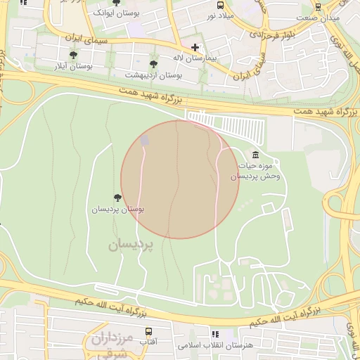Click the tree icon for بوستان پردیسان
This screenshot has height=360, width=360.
click(x=117, y=198)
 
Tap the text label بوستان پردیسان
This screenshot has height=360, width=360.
click(x=117, y=210)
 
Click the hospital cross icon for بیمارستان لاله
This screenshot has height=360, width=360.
click(x=195, y=48)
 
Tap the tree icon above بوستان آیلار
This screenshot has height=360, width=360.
click(x=73, y=55)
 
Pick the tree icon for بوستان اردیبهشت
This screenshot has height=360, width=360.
click(x=153, y=64)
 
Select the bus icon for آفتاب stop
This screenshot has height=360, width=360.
click(x=148, y=330)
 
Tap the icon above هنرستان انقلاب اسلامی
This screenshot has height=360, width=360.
click(x=215, y=335)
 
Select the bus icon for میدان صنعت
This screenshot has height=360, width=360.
click(x=319, y=6)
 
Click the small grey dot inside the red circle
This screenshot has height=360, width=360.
click(x=145, y=141)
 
